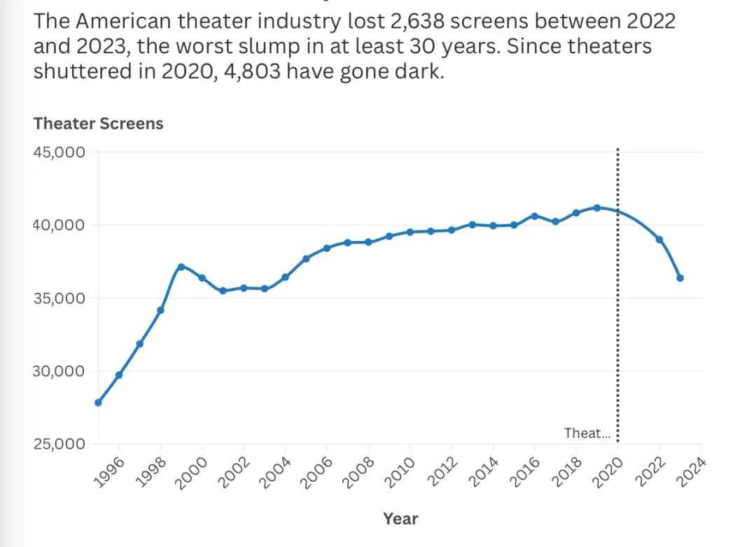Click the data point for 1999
point(181,267)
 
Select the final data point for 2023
point(680,278)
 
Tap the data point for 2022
point(659,240)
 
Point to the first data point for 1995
point(98,403)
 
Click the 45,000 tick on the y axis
point(59,152)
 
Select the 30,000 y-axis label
point(59,371)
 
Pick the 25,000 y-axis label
point(59,444)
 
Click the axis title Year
point(400,519)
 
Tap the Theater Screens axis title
point(98,123)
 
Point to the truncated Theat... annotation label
point(587,434)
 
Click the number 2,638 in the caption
point(412,21)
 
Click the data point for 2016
point(535,216)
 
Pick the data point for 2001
point(223,291)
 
